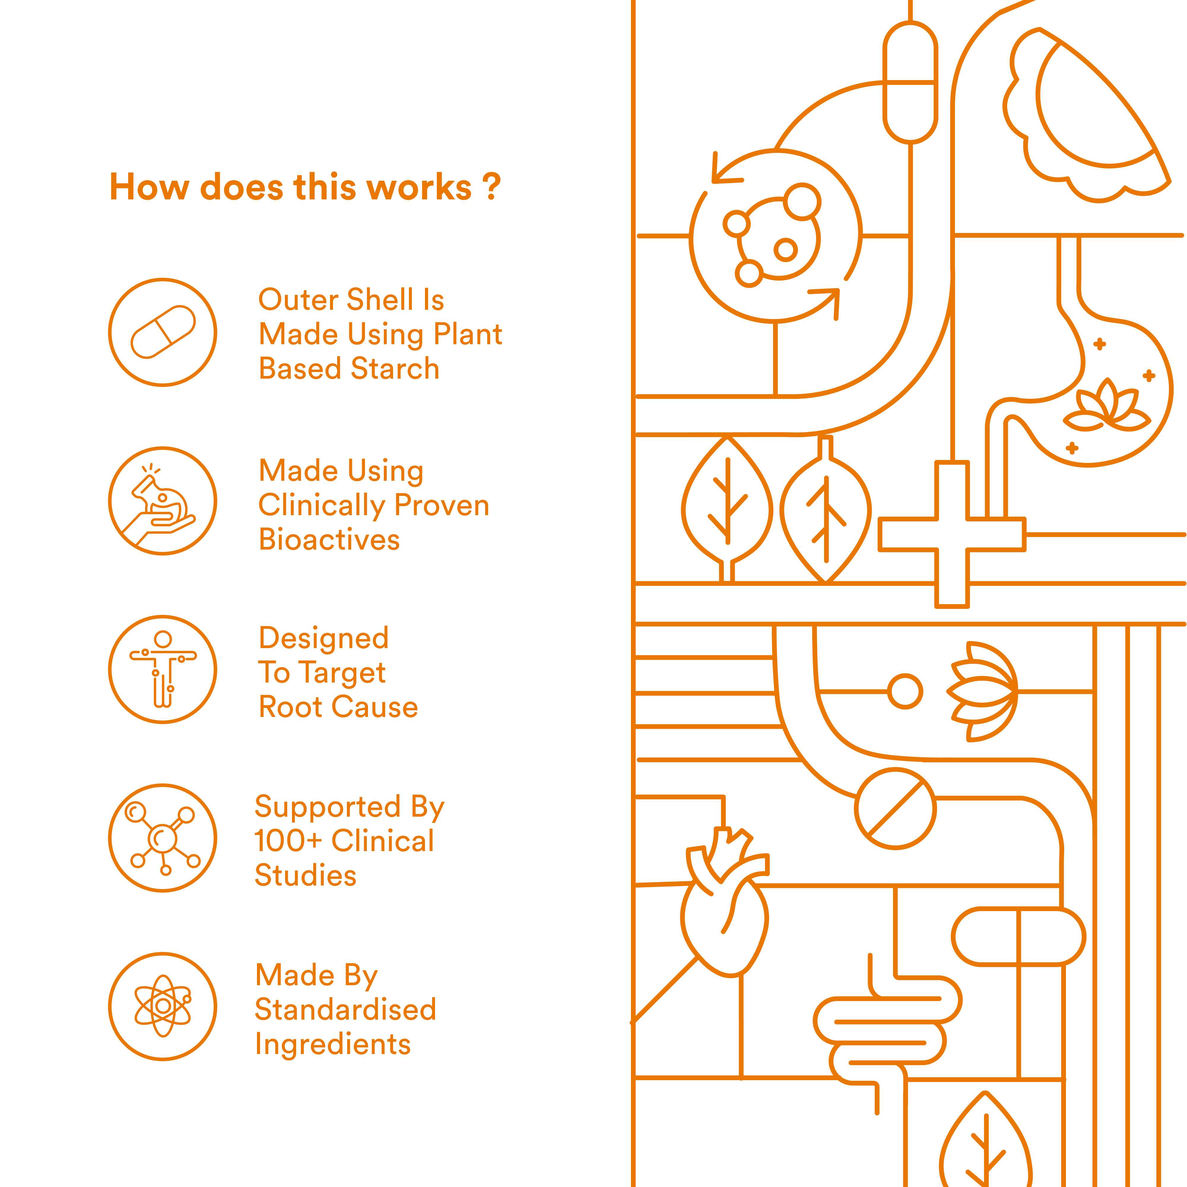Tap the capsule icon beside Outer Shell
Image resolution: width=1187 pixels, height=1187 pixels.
[163, 332]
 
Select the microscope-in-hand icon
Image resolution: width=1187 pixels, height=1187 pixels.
[163, 501]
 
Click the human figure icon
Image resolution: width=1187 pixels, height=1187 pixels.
[163, 669]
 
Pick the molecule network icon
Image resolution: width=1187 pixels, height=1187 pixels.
[163, 837]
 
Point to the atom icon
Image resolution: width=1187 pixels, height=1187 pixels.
[163, 1006]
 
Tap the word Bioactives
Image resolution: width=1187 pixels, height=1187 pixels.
[329, 539]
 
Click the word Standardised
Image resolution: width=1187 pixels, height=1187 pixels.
[345, 1010]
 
